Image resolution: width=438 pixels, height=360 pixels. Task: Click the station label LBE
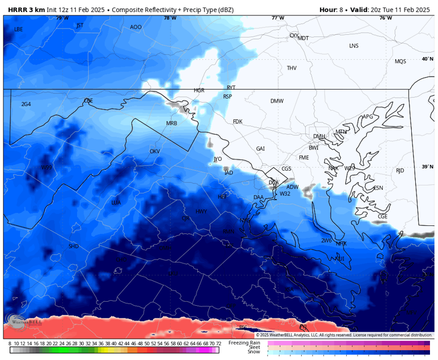(19, 29)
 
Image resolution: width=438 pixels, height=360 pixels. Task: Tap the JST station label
(80, 25)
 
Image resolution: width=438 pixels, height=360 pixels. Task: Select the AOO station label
(136, 27)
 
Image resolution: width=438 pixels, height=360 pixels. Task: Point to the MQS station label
(400, 61)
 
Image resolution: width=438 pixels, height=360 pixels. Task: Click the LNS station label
(354, 46)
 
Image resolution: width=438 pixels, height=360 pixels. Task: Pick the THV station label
(291, 68)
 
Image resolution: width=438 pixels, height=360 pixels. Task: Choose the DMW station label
(277, 101)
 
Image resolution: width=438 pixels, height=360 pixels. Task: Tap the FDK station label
(238, 122)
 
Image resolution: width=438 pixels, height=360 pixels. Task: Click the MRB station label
(172, 123)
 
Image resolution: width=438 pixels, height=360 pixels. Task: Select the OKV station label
(155, 151)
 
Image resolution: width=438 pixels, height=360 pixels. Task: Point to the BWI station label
(314, 148)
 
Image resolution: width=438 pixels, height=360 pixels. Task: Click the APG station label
(368, 117)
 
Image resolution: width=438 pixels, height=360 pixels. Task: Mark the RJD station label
(400, 171)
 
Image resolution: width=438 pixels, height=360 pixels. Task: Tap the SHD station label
(74, 246)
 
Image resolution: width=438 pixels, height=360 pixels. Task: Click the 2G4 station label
(26, 104)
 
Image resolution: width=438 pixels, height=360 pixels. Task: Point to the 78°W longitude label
(170, 18)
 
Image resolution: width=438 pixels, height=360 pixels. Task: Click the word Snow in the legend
(254, 351)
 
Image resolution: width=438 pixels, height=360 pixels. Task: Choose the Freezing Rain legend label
(245, 342)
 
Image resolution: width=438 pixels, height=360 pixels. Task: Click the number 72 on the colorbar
(218, 343)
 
